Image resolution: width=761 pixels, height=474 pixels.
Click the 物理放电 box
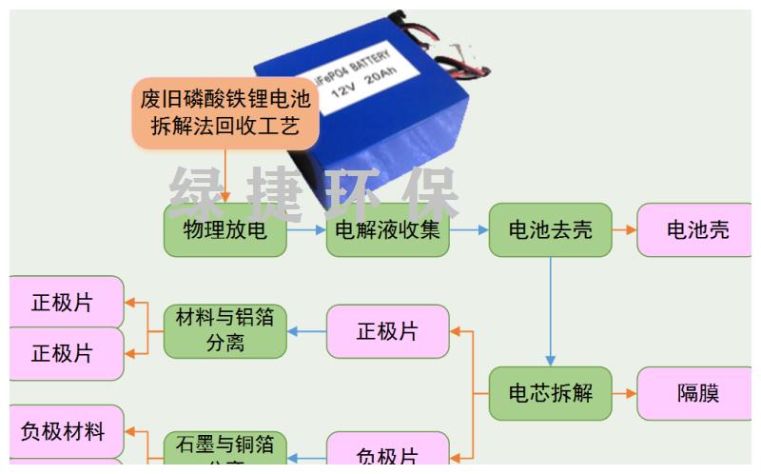click(x=224, y=229)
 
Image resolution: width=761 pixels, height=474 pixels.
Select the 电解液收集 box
click(x=387, y=229)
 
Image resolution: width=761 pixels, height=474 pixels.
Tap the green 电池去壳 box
click(x=550, y=229)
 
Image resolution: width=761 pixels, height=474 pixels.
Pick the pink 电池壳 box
click(x=697, y=229)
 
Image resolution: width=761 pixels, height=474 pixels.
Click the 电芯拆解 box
click(x=550, y=393)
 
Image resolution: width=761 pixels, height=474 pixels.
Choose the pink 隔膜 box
click(x=697, y=393)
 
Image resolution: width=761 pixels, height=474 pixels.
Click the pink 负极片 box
click(x=387, y=452)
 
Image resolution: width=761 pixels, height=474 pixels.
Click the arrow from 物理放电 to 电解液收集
click(x=306, y=229)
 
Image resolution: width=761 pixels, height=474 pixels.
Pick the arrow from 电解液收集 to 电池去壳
click(x=469, y=229)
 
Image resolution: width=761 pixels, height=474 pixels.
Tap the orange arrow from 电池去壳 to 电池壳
click(x=624, y=229)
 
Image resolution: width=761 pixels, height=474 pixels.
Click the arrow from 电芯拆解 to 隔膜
click(x=624, y=393)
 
